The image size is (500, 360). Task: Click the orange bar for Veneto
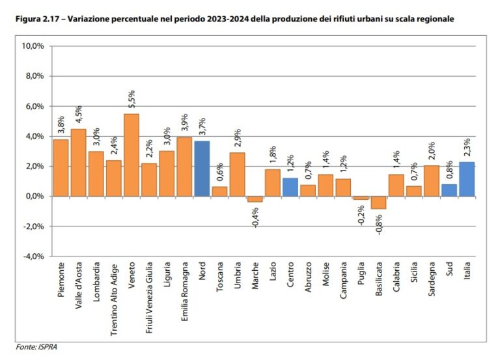point(131,155)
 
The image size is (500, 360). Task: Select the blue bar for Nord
point(202,169)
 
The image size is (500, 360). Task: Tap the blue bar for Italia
point(467,179)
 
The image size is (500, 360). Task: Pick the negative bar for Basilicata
point(378,202)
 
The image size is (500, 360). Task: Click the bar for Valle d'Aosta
point(78,163)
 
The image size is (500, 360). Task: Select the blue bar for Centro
point(290,187)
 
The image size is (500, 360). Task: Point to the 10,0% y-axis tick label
point(33,46)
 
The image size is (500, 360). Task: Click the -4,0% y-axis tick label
point(33,256)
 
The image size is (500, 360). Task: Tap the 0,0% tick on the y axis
point(33,197)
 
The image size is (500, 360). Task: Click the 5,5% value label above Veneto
point(132,100)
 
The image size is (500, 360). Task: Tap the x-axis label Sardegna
point(432,280)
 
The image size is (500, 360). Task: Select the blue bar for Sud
point(449,190)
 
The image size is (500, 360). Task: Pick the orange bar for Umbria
point(238,174)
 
